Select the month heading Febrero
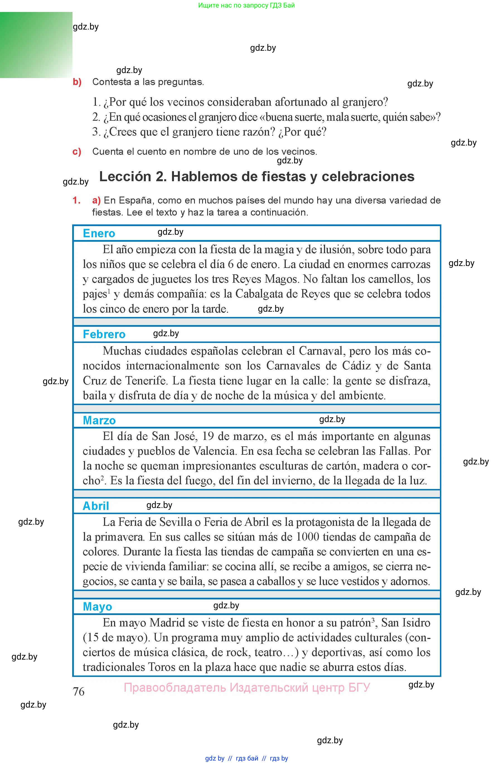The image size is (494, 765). [x=104, y=334]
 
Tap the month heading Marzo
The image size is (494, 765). [x=99, y=420]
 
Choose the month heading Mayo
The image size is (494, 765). [x=98, y=607]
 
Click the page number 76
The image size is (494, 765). [x=79, y=691]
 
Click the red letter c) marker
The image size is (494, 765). [x=77, y=151]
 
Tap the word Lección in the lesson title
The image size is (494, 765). [x=125, y=176]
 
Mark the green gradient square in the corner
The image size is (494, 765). [x=36, y=45]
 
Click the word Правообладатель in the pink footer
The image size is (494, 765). [x=175, y=687]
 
